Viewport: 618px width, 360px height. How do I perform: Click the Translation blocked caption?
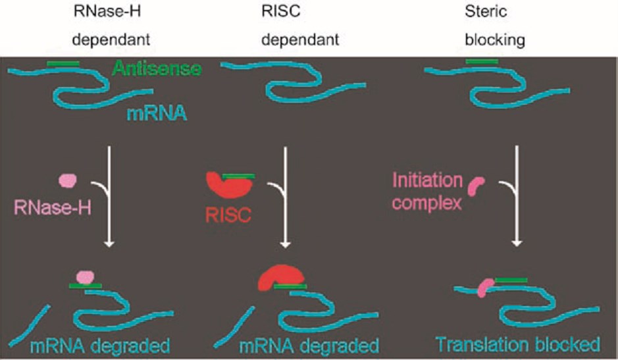pyautogui.click(x=518, y=344)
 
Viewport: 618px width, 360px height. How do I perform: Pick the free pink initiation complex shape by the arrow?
pyautogui.click(x=476, y=186)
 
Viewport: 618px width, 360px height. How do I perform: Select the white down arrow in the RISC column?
pyautogui.click(x=285, y=197)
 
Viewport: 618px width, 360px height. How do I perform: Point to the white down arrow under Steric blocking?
pyautogui.click(x=517, y=197)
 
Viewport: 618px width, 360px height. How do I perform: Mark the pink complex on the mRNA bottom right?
pyautogui.click(x=485, y=287)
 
